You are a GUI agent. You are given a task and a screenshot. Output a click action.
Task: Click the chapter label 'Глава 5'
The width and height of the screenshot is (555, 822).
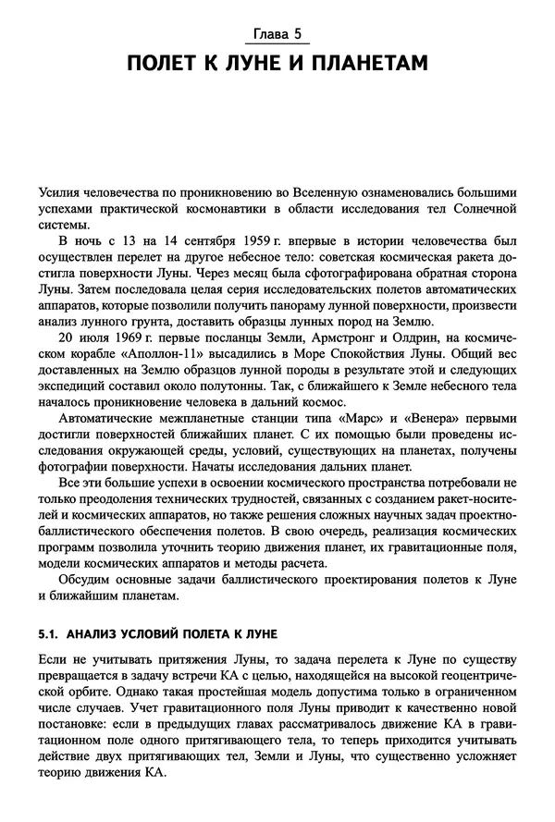[x=277, y=37]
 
